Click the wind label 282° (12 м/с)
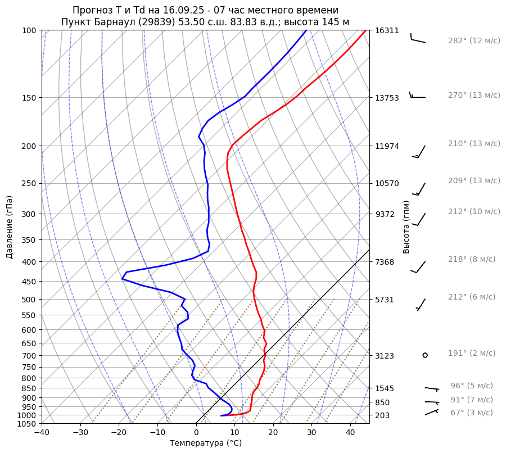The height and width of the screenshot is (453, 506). (x=473, y=41)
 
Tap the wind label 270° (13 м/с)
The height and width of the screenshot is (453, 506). (x=473, y=96)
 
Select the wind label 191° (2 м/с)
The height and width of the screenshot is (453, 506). (x=471, y=354)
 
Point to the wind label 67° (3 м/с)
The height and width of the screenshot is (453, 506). (x=471, y=413)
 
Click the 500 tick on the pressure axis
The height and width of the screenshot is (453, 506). (x=29, y=300)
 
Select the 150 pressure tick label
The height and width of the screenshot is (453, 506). (x=29, y=98)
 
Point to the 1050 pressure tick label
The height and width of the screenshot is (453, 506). (x=27, y=424)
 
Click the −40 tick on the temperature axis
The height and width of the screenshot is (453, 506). (x=42, y=433)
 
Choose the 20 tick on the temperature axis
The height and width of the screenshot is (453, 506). (x=273, y=433)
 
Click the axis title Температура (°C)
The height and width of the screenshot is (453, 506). (x=206, y=443)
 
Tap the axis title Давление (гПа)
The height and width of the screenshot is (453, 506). (x=10, y=227)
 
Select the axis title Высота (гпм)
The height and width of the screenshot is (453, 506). (x=406, y=227)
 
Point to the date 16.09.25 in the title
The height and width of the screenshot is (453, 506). (x=183, y=11)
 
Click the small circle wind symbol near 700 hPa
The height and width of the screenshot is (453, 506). (x=425, y=355)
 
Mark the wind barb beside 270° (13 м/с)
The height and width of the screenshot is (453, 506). (x=417, y=96)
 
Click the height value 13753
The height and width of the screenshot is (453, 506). (x=386, y=98)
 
